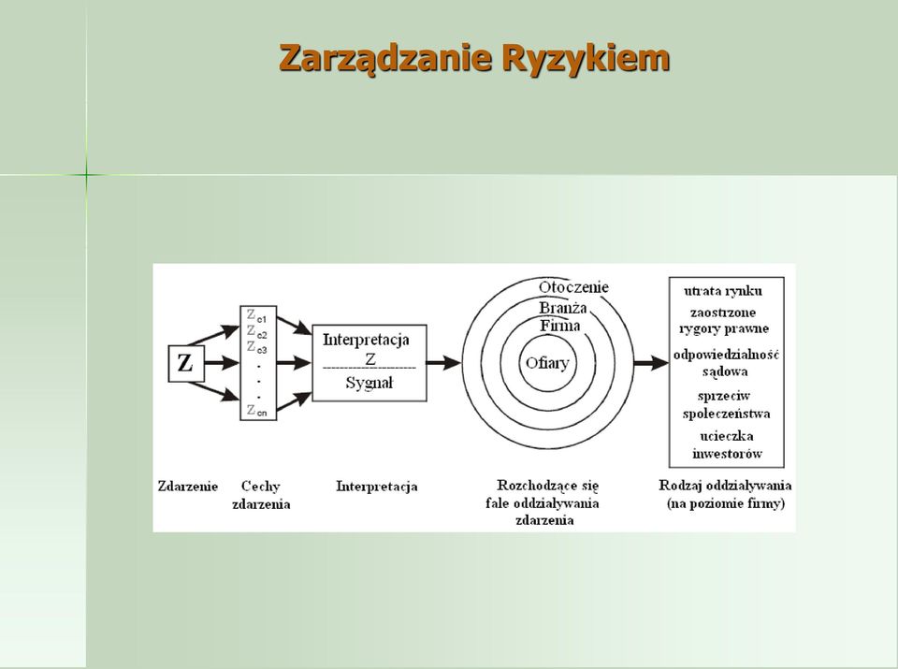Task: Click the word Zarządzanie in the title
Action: pos(385,58)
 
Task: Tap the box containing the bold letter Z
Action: pos(185,363)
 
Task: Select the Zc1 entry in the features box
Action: pos(256,315)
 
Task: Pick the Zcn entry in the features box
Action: pos(256,411)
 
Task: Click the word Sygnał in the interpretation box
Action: pos(369,384)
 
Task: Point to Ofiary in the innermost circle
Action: pos(547,363)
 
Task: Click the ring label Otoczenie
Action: pos(573,287)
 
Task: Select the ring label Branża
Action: pos(563,308)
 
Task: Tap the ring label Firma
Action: pos(560,326)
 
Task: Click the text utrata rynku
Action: pos(723,292)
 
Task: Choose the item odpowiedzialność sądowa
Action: pos(726,363)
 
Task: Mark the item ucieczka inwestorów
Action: pos(727,445)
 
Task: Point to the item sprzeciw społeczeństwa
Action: pos(726,404)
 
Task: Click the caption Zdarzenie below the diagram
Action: pos(188,487)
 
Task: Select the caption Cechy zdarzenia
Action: pos(261,496)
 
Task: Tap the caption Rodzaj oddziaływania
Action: pos(725,486)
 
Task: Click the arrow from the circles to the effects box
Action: pos(651,362)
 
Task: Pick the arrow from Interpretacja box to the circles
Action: pos(443,362)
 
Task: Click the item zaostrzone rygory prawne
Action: pos(723,321)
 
